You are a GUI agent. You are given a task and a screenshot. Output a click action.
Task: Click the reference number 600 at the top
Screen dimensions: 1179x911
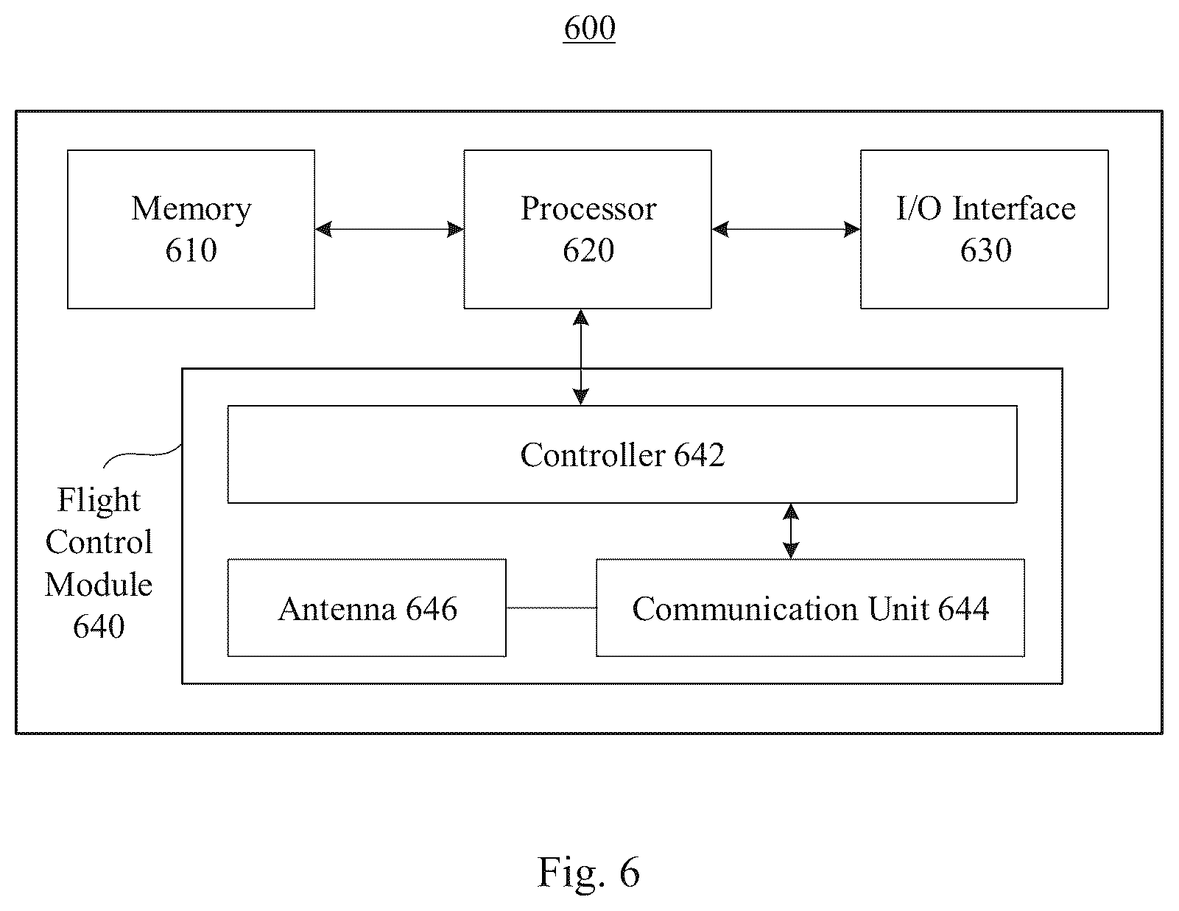pos(589,28)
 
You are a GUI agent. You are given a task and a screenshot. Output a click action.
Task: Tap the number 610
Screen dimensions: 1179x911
pos(191,250)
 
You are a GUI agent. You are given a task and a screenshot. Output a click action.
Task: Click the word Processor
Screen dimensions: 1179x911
pos(588,208)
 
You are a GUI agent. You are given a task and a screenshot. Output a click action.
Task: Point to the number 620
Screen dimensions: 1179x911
pos(588,250)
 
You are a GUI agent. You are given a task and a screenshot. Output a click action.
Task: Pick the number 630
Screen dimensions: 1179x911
pos(986,250)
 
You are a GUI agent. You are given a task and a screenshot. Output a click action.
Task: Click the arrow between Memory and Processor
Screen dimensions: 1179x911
pos(390,230)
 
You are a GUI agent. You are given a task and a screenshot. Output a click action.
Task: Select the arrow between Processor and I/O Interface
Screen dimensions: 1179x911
pos(786,230)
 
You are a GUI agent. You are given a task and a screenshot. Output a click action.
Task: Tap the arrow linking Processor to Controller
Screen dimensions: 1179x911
pos(581,358)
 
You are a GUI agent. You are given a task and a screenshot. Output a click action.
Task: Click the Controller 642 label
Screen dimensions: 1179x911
pos(622,454)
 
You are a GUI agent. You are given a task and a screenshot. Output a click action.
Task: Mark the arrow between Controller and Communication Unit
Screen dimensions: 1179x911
pos(791,531)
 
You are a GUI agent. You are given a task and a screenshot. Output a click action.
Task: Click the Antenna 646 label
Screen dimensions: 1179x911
pos(367,609)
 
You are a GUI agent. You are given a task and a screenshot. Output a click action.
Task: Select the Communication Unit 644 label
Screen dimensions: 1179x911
pos(811,609)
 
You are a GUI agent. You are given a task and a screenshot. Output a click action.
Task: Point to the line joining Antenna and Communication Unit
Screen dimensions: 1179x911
pos(552,608)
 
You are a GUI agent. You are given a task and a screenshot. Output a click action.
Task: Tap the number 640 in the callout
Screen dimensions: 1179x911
pos(99,627)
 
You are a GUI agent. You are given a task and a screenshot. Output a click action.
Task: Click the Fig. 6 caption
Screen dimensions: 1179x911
pos(588,871)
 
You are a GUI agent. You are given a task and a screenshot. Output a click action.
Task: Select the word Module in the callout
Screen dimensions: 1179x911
pos(99,585)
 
